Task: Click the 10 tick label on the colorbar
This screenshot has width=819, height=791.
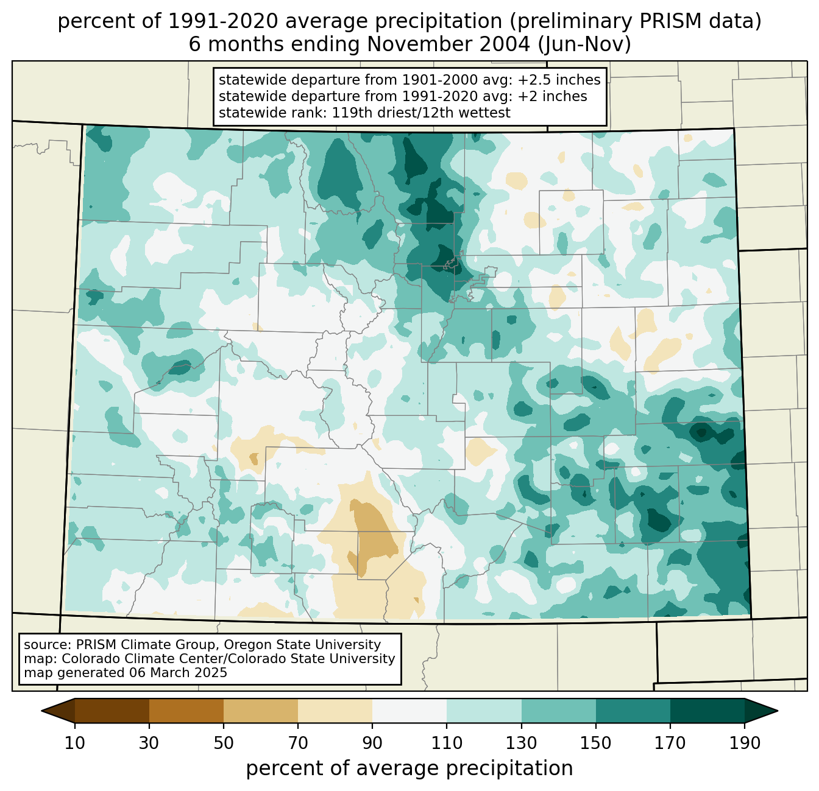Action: coord(75,744)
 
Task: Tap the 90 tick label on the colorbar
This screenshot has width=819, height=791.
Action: coord(372,744)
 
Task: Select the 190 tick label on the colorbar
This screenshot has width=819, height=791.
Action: coord(745,744)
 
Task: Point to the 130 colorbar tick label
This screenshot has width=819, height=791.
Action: coord(522,744)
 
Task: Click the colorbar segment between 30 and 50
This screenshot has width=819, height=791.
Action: coord(186,711)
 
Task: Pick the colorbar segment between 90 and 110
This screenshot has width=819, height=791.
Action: coord(409,711)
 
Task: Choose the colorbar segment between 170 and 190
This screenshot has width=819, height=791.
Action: coord(707,711)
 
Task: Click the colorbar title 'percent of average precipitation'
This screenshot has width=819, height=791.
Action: coord(409,768)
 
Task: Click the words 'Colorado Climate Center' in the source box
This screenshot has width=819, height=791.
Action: coord(134,659)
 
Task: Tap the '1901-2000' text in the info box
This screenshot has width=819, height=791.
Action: coord(428,80)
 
